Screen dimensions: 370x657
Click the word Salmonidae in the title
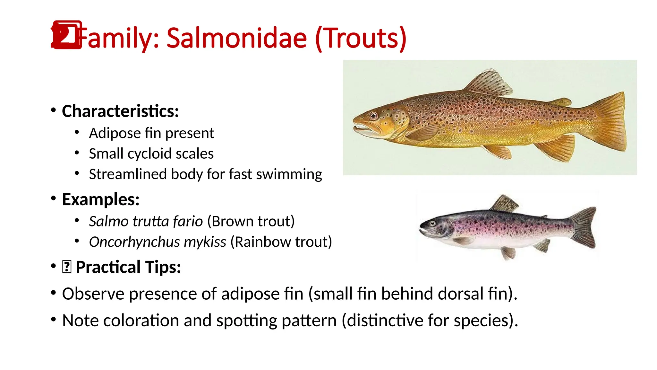pyautogui.click(x=237, y=38)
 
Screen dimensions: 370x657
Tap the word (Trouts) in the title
pyautogui.click(x=361, y=38)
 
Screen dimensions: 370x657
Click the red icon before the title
pyautogui.click(x=67, y=35)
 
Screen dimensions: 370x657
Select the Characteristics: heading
pyautogui.click(x=120, y=111)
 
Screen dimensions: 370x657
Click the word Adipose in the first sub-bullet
pyautogui.click(x=115, y=133)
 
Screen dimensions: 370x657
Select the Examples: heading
pyautogui.click(x=101, y=199)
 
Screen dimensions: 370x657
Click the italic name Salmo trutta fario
pyautogui.click(x=146, y=221)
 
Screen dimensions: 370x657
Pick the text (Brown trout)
pyautogui.click(x=251, y=221)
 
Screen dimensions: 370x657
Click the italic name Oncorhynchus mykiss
pyautogui.click(x=158, y=242)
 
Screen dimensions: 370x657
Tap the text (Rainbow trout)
pyautogui.click(x=281, y=242)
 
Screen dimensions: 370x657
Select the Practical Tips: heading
pyautogui.click(x=128, y=267)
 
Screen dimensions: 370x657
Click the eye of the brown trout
pyautogui.click(x=373, y=116)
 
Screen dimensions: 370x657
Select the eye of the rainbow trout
pyautogui.click(x=433, y=223)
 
